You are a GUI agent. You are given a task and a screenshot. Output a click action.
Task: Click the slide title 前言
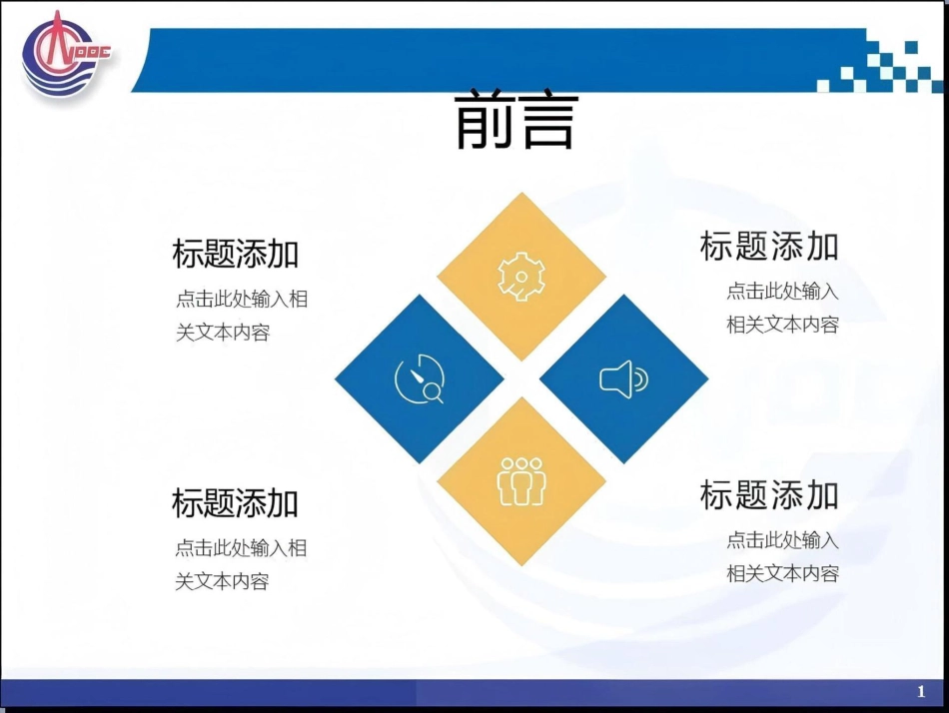[516, 121]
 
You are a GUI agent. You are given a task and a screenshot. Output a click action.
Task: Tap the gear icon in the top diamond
[520, 277]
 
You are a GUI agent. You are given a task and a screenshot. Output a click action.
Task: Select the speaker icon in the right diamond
[623, 379]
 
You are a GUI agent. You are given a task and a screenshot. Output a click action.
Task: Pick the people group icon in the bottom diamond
[520, 481]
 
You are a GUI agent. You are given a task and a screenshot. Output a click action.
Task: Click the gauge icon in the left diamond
[419, 379]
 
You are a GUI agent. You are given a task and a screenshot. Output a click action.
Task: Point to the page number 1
[920, 692]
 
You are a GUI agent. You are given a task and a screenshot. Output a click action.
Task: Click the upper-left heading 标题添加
[236, 254]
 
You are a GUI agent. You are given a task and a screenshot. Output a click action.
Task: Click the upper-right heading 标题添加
[769, 246]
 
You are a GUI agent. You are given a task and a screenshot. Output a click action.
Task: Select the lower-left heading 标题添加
[236, 502]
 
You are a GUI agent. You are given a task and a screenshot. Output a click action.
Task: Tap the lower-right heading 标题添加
[769, 494]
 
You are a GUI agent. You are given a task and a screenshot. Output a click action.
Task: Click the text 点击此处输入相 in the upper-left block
[242, 299]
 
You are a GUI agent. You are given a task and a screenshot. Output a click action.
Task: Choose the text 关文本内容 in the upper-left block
[223, 333]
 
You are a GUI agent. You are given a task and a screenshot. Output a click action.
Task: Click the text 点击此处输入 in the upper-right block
[782, 291]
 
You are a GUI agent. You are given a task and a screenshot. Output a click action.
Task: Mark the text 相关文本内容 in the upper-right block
[782, 325]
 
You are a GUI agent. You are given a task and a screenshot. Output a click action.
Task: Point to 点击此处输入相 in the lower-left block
[242, 547]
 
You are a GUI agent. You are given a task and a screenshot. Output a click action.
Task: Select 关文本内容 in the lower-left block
[223, 581]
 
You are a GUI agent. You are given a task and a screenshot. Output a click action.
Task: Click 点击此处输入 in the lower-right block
[782, 540]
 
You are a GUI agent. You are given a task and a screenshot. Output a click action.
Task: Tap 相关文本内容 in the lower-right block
[782, 573]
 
